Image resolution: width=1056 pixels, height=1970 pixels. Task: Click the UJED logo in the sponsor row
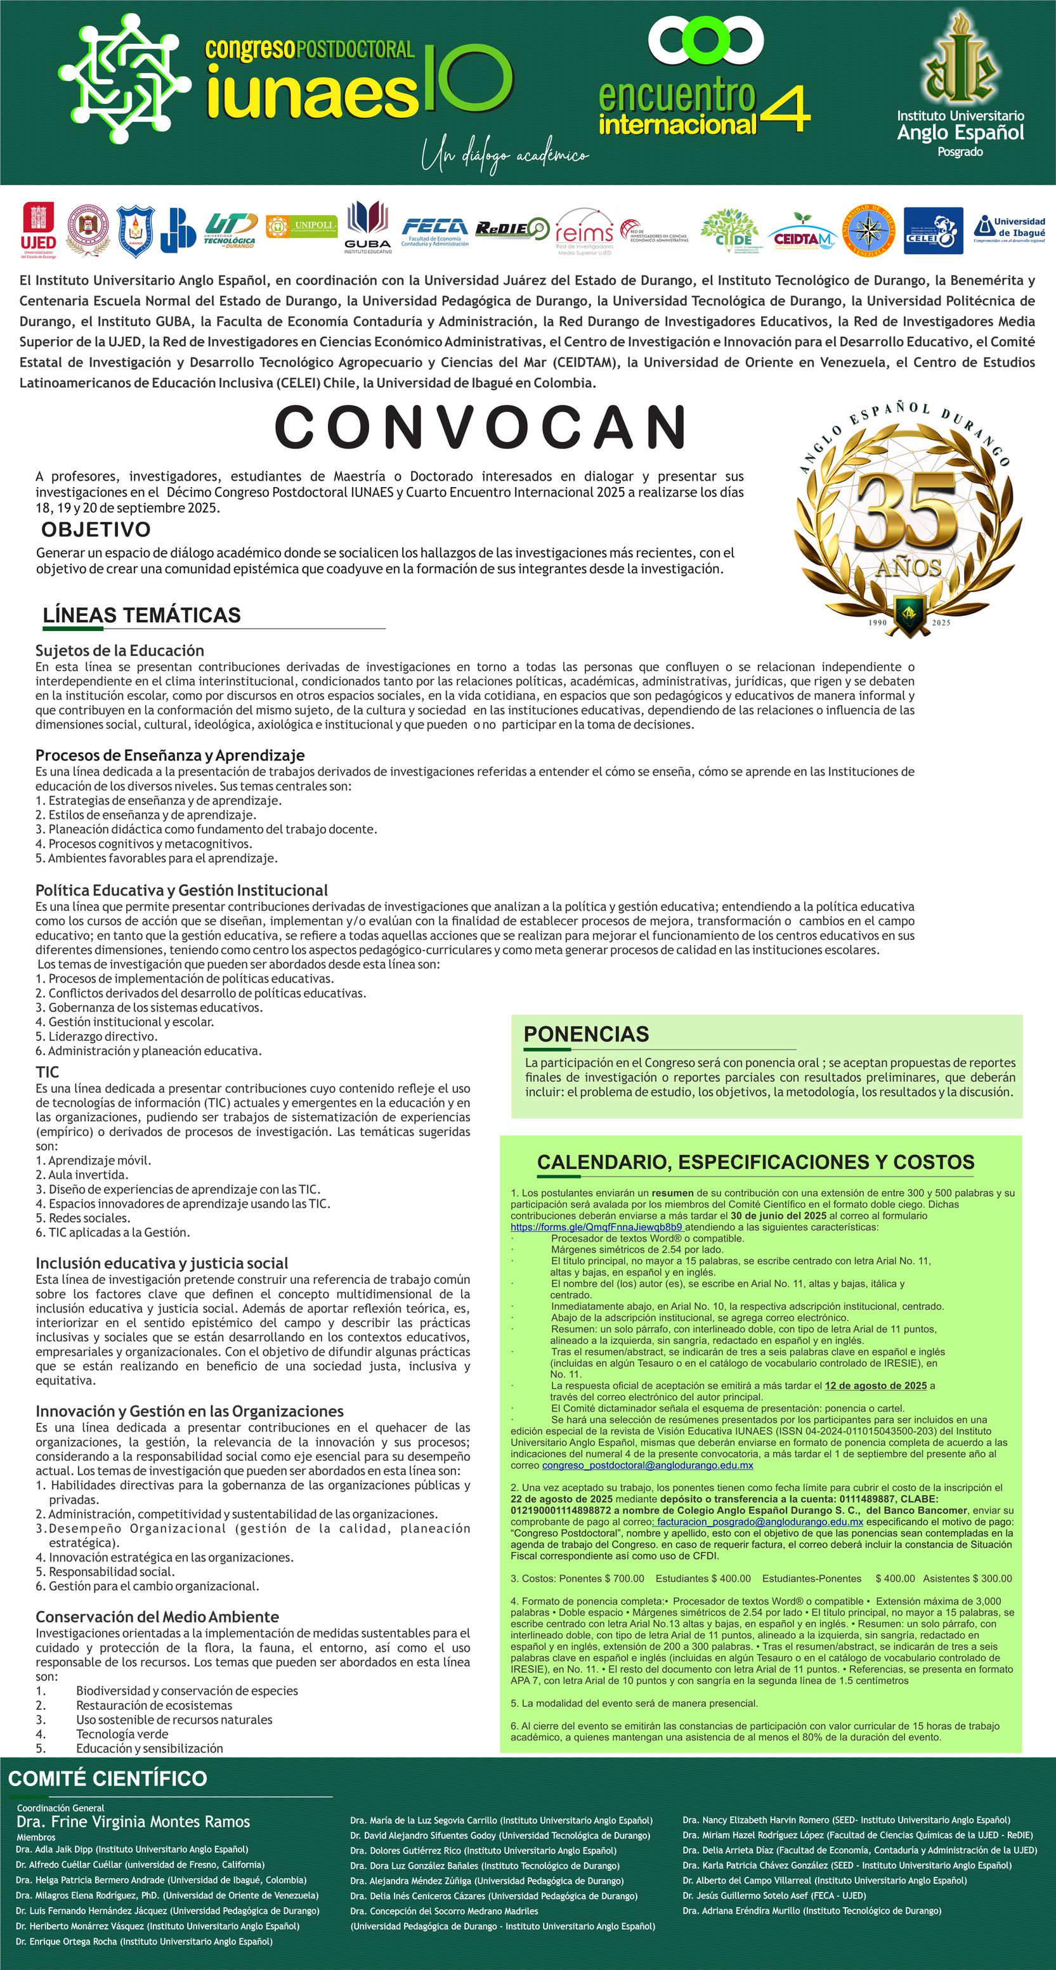37,230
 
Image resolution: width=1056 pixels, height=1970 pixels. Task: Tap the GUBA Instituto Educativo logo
367,227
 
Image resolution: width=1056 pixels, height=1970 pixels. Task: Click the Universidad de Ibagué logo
1009,228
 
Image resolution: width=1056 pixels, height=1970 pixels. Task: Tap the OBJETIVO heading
96,529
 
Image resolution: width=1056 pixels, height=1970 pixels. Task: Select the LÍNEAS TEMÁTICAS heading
141,615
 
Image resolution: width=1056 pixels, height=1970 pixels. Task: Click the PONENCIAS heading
586,1034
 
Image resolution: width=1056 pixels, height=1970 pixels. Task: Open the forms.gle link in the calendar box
596,1227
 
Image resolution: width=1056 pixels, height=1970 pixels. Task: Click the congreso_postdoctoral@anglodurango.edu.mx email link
647,1465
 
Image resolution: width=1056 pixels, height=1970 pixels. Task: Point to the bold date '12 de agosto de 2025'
875,1385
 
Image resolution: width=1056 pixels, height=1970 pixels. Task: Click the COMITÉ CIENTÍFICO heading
108,1778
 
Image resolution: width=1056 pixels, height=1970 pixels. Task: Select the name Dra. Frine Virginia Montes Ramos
133,1821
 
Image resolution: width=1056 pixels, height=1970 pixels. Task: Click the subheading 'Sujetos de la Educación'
119,650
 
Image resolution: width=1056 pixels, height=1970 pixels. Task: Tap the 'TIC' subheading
47,1071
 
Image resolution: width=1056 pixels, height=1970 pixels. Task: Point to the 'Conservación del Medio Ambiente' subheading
157,1616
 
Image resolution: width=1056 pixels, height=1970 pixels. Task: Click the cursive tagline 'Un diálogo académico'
505,157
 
